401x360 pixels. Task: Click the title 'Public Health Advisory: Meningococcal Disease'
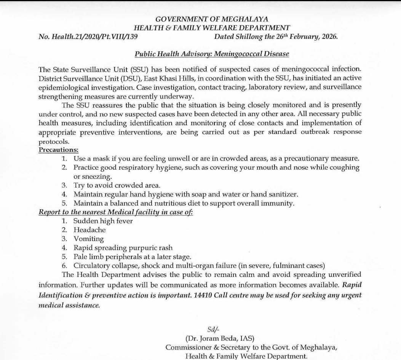click(x=212, y=54)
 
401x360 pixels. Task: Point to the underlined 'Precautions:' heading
click(x=58, y=149)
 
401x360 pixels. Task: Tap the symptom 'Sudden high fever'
click(x=103, y=221)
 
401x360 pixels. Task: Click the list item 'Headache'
click(x=89, y=230)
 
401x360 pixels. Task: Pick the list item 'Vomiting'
click(x=88, y=239)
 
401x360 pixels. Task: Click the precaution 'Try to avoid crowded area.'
click(x=117, y=185)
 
